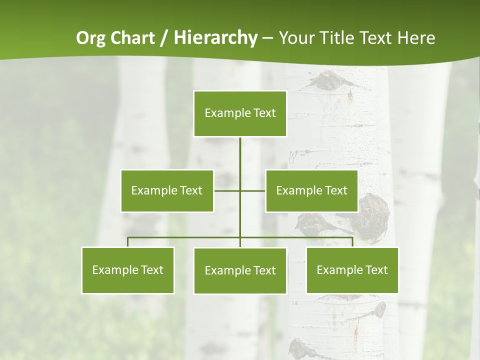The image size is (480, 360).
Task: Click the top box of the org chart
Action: pos(240,113)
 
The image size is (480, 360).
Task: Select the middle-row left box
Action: pos(167,190)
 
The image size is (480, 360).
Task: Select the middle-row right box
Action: pos(311,190)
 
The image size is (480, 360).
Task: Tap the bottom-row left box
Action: pos(128,270)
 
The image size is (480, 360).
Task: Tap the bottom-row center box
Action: pos(240,270)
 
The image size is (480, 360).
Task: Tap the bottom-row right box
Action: pos(352,270)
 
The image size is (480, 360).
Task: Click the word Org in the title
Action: pos(91,38)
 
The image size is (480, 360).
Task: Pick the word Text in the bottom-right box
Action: pos(376,270)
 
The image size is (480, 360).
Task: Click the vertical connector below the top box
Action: pos(240,155)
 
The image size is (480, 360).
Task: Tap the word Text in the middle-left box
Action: pos(190,190)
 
